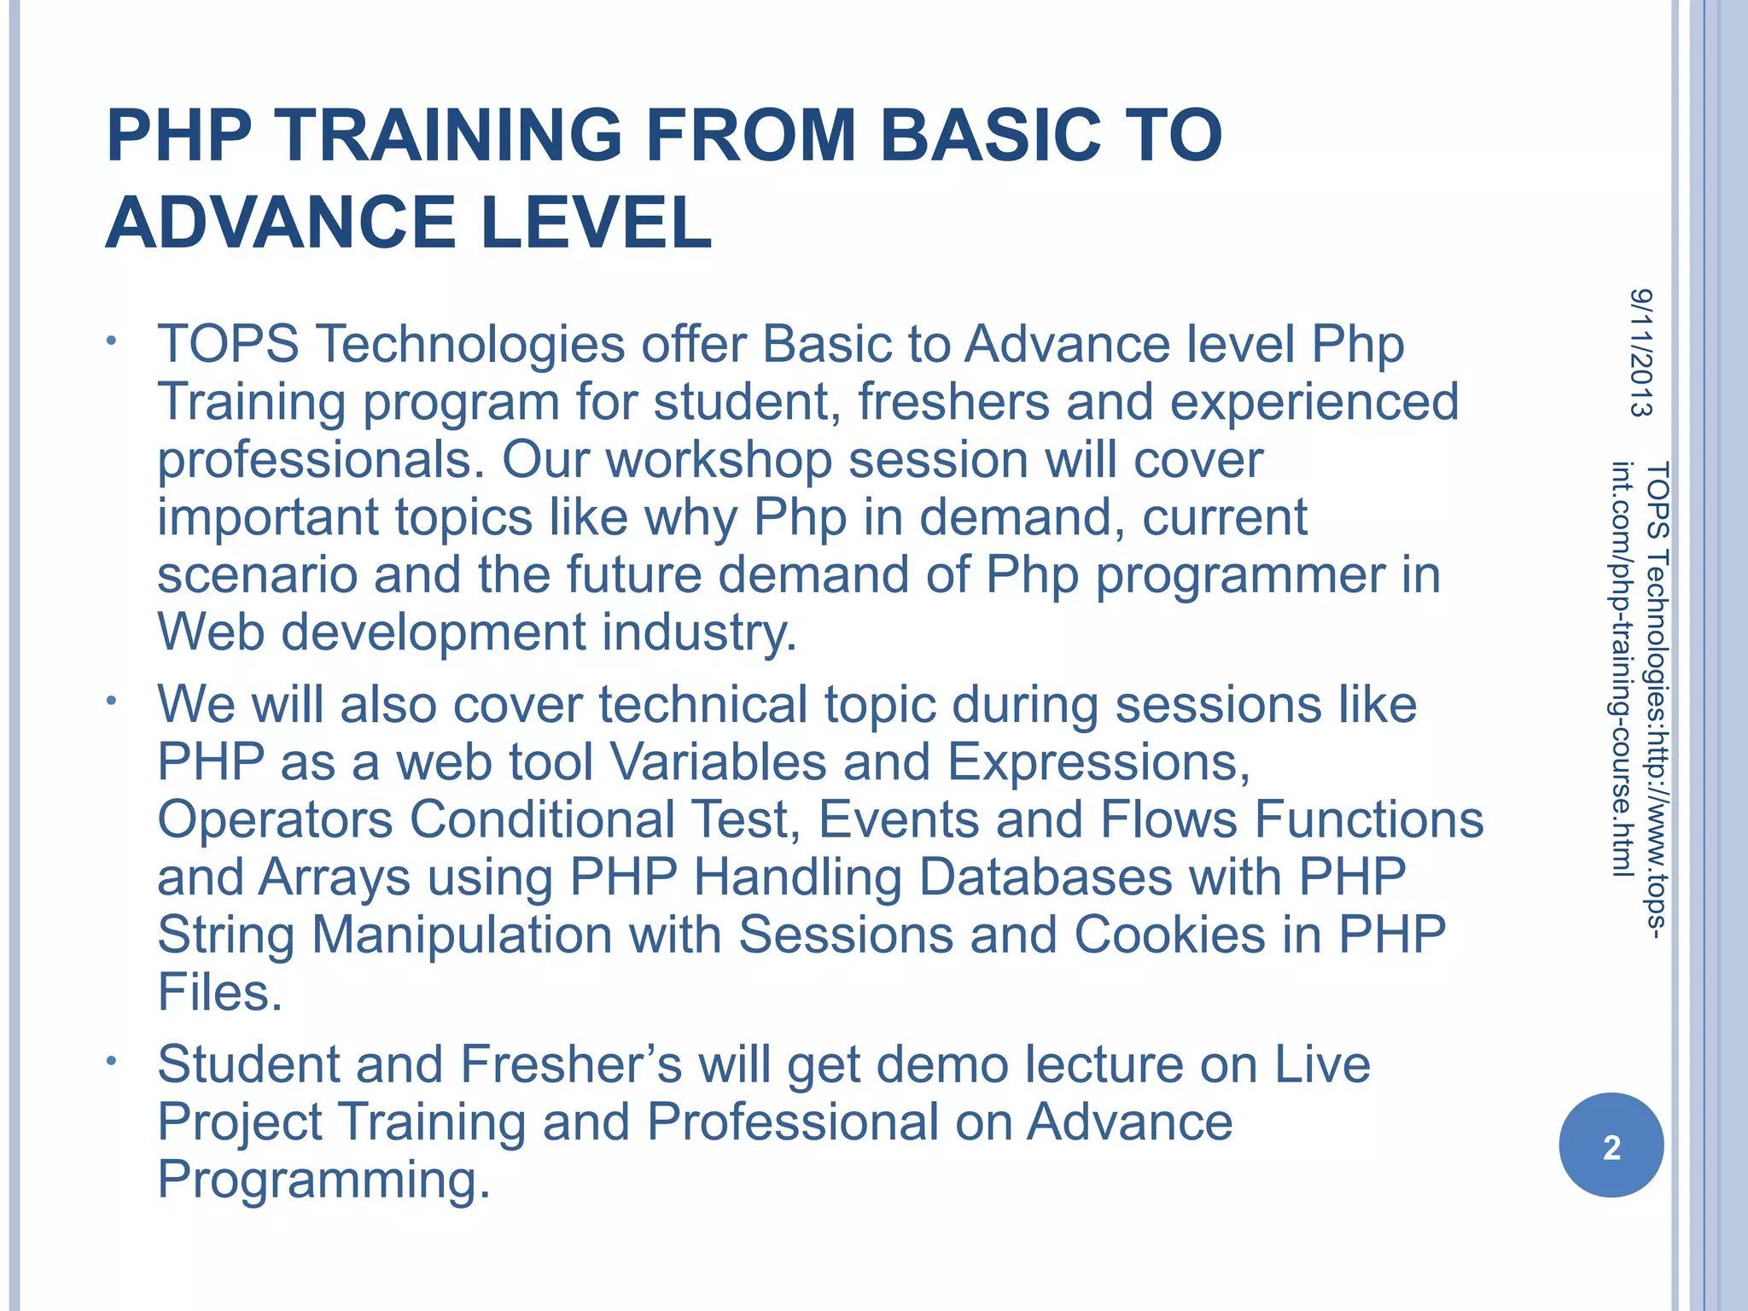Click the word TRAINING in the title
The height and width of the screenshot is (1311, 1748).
(x=449, y=136)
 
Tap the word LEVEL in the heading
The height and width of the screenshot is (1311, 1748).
(x=596, y=224)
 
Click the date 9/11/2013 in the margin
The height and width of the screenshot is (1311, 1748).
(x=1640, y=353)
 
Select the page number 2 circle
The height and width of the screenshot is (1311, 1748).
(x=1611, y=1146)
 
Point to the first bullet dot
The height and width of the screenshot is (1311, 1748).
(x=111, y=343)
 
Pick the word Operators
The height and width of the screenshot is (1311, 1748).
(x=275, y=819)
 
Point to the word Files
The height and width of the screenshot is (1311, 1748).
(x=219, y=993)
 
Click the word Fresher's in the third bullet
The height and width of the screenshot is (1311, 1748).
(x=571, y=1064)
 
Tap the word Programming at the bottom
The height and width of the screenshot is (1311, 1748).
(x=323, y=1180)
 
